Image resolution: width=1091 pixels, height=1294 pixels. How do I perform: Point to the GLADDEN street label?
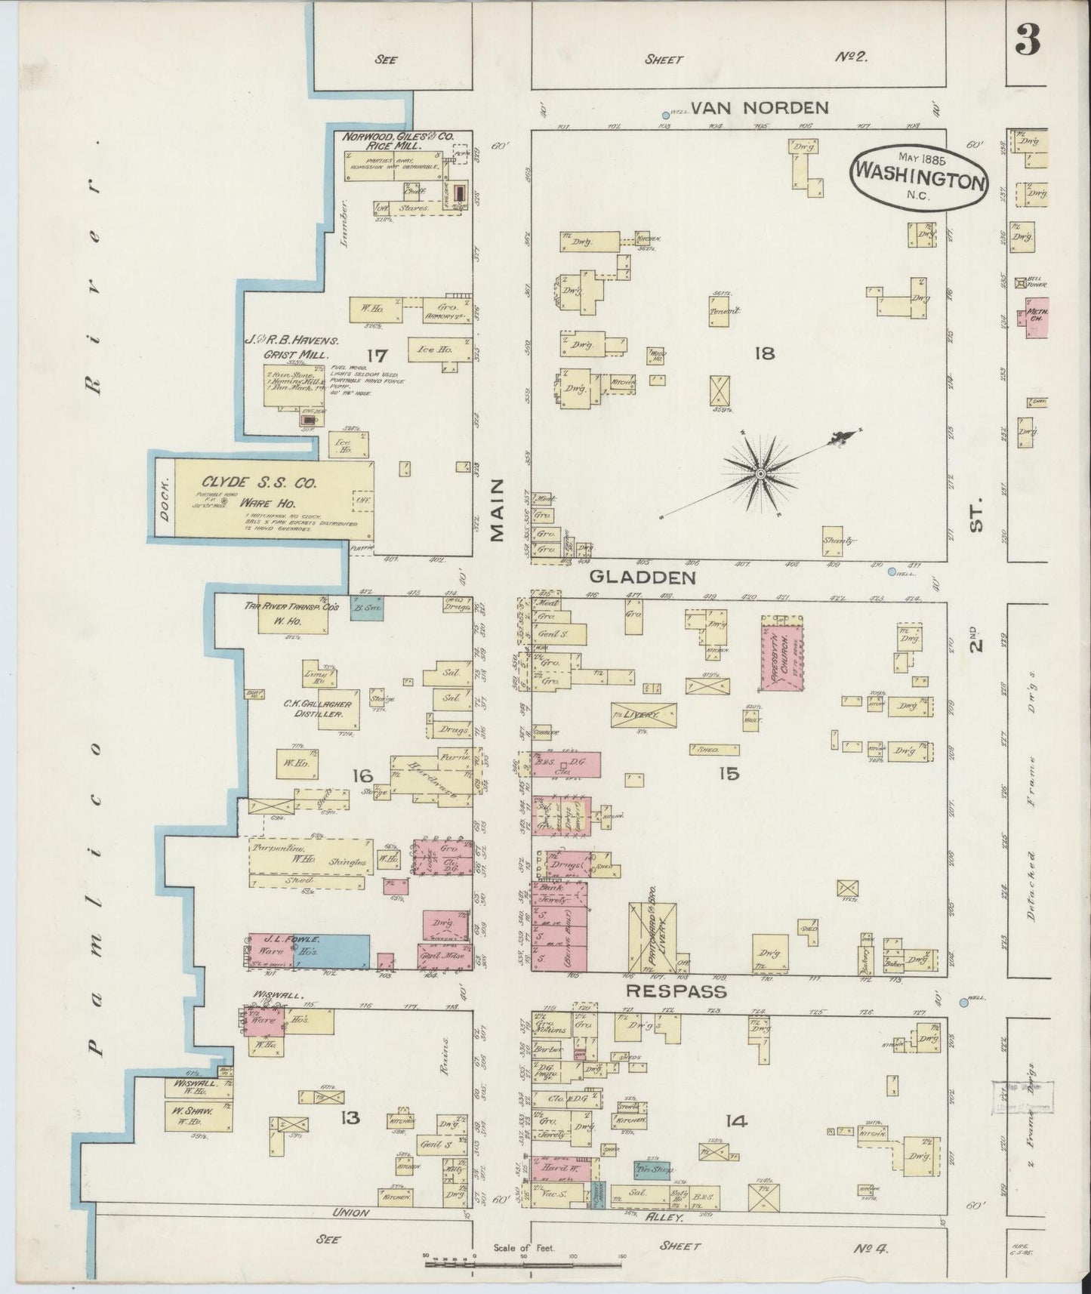642,578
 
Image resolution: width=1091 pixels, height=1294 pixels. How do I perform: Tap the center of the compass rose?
760,473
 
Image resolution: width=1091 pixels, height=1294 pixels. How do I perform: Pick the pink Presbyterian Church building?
781,653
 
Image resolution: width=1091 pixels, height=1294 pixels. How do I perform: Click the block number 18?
764,353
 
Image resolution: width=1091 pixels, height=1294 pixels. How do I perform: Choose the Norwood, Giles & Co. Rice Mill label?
398,141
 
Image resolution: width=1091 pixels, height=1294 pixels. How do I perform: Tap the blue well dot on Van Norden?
665,113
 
